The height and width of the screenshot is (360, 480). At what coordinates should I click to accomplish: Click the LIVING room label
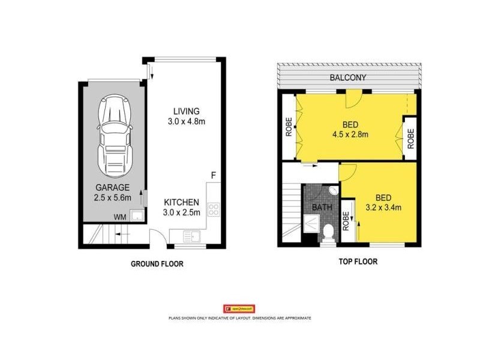(185, 111)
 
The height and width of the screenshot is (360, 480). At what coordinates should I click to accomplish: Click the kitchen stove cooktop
(214, 209)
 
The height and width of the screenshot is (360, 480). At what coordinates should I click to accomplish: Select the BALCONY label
(348, 77)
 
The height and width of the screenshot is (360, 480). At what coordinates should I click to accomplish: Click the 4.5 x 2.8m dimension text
(350, 134)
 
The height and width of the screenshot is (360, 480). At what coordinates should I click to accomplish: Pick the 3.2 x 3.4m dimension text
(384, 208)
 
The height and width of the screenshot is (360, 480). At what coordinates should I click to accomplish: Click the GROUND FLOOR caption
(157, 263)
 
